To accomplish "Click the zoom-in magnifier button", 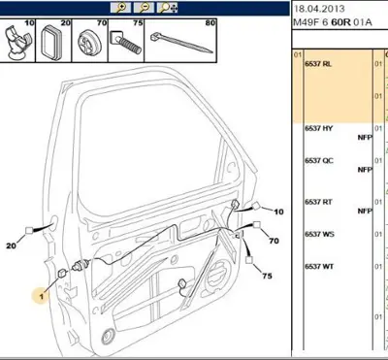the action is (x=121, y=8).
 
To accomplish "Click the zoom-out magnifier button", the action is (x=144, y=8).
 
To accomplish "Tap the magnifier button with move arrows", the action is (x=168, y=8).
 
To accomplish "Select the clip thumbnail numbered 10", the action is (x=17, y=41).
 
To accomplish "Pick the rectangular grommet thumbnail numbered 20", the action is (x=53, y=41).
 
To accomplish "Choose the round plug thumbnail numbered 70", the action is (x=89, y=41).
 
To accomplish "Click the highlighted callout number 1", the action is (x=41, y=296).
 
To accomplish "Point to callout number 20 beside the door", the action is (x=11, y=245).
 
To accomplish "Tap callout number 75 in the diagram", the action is (x=267, y=276).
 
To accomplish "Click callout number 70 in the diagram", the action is (x=274, y=241).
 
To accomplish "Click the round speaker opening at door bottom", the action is (x=108, y=338).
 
